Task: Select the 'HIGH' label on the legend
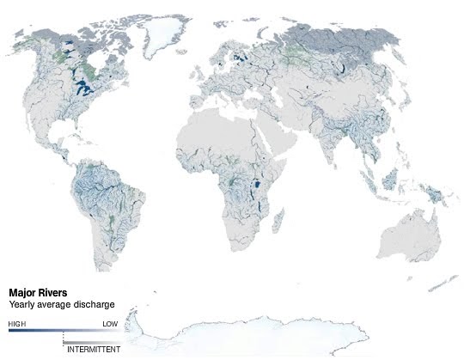16,324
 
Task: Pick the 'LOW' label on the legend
110,324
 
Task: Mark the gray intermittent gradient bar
90,342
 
